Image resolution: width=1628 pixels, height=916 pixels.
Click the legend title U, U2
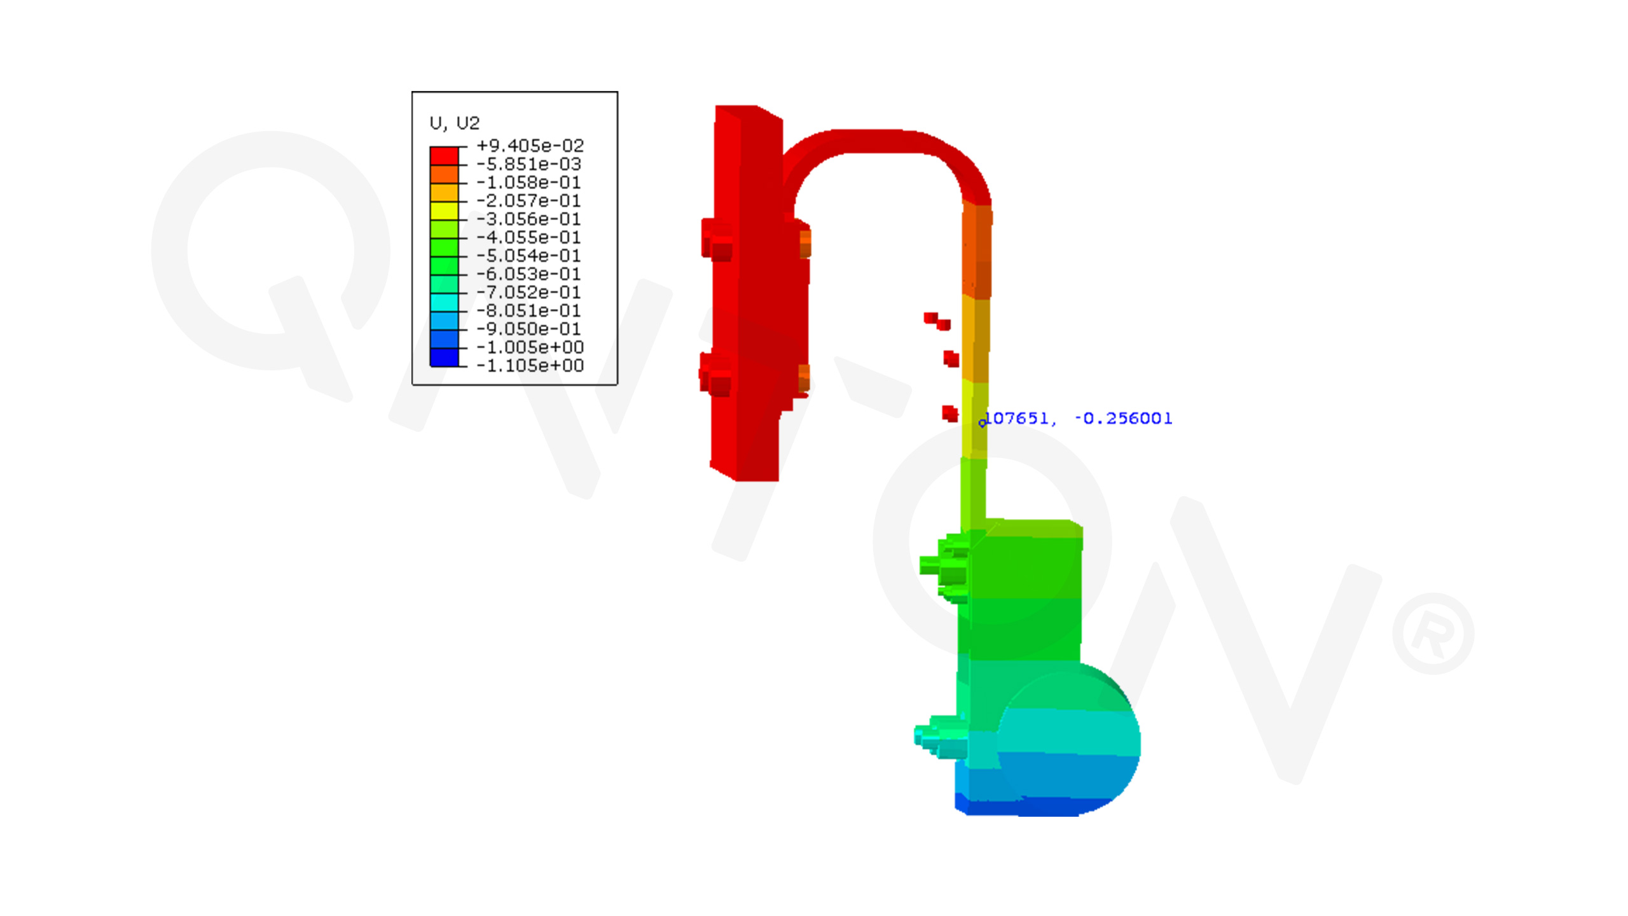coord(455,123)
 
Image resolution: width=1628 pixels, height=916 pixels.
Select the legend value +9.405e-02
coord(530,146)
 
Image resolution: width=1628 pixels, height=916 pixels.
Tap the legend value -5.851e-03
coord(529,164)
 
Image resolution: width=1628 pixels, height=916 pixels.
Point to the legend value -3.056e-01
coord(529,219)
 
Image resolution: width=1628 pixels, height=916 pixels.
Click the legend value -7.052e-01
coord(529,292)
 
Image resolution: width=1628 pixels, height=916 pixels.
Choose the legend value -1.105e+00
coord(530,365)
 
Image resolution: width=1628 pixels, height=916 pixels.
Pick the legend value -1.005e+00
coord(530,347)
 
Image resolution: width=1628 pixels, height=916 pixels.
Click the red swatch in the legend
coord(444,156)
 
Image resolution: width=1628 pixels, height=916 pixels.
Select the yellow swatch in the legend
coord(444,211)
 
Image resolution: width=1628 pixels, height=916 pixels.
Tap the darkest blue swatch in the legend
coord(444,357)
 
